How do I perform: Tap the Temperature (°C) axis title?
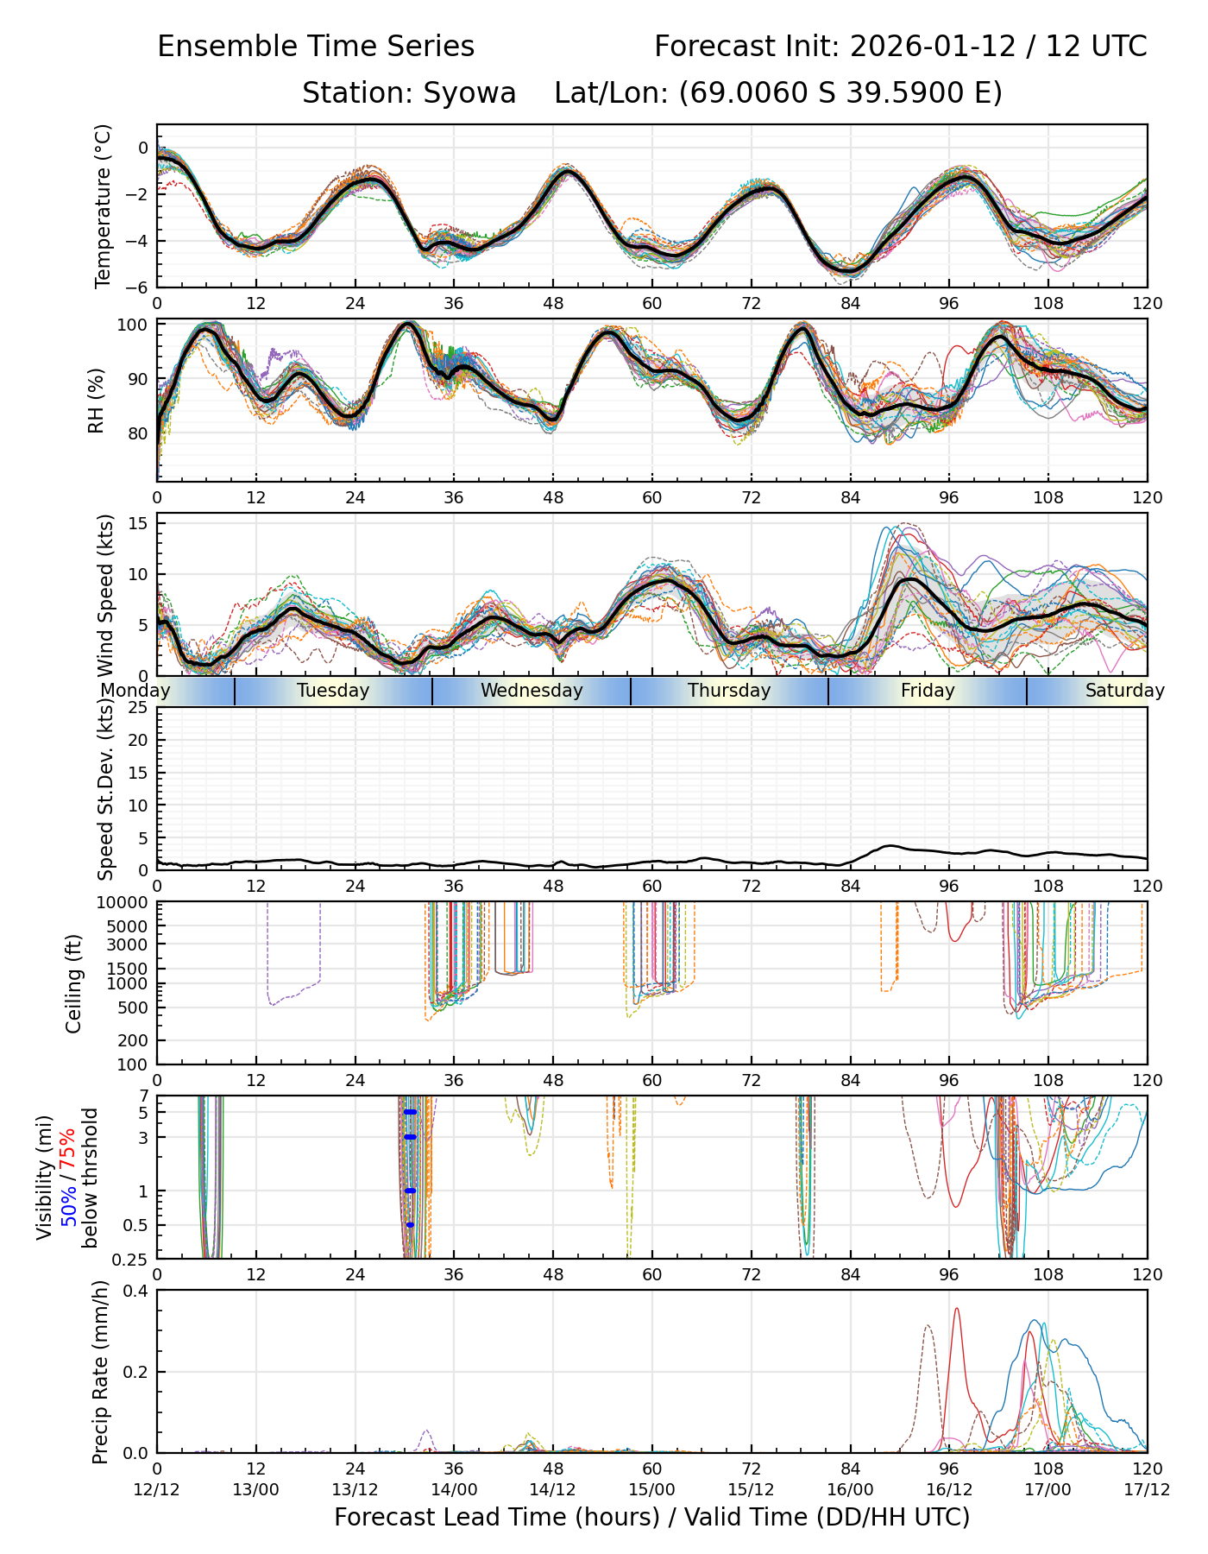[x=104, y=205]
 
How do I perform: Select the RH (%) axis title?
[x=96, y=400]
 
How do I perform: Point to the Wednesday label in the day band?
[x=532, y=691]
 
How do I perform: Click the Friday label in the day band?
[x=928, y=691]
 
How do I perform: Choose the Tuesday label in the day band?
[x=333, y=691]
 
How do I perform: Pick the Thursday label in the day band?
[x=729, y=691]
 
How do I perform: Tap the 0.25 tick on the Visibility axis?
[x=133, y=1258]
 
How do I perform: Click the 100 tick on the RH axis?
[x=133, y=325]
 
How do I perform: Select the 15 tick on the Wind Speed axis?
[x=138, y=524]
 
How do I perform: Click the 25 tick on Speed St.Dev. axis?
[x=138, y=708]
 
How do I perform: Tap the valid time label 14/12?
[x=553, y=1489]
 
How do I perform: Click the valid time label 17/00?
[x=1048, y=1489]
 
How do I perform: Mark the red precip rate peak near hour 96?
[x=956, y=1310]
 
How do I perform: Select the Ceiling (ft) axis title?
[x=74, y=983]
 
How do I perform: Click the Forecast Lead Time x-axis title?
[x=651, y=1518]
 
